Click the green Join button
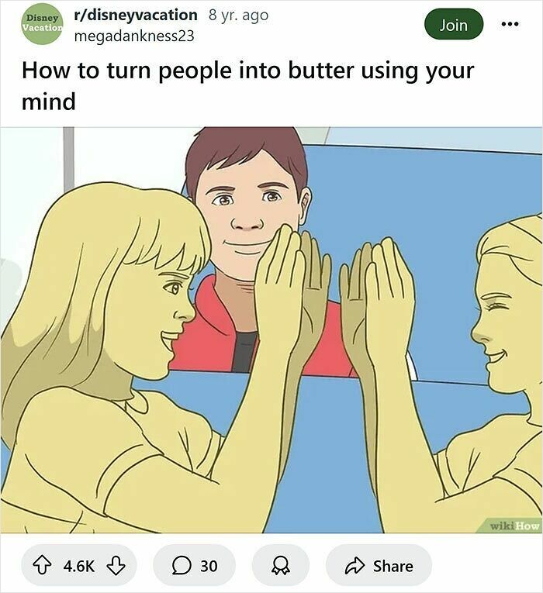point(454,25)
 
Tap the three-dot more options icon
point(509,25)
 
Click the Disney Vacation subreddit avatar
point(41,24)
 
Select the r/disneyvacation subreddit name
point(136,15)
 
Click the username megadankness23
point(133,36)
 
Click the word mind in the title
point(49,100)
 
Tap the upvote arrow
point(42,566)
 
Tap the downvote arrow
point(116,566)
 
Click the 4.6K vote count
point(78,566)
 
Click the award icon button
point(280,566)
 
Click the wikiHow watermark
point(514,525)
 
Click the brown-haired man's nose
point(247,222)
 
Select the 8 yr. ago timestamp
point(239,15)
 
